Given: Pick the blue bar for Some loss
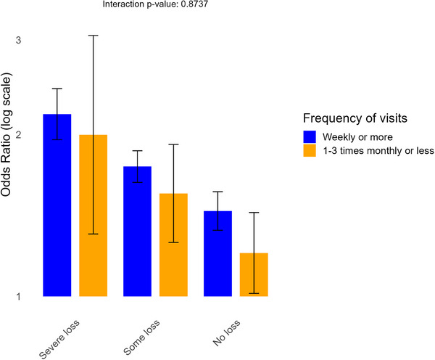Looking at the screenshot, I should [x=137, y=232].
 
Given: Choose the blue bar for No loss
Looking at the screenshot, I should [x=217, y=253].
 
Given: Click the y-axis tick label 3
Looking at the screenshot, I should [x=19, y=39].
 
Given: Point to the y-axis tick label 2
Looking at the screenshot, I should [x=19, y=135].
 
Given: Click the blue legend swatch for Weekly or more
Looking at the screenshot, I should [x=310, y=136].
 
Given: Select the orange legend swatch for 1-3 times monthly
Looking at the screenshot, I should [x=310, y=151].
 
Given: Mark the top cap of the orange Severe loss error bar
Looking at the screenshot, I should [x=94, y=35].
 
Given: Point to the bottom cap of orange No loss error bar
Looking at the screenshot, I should [x=254, y=293].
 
